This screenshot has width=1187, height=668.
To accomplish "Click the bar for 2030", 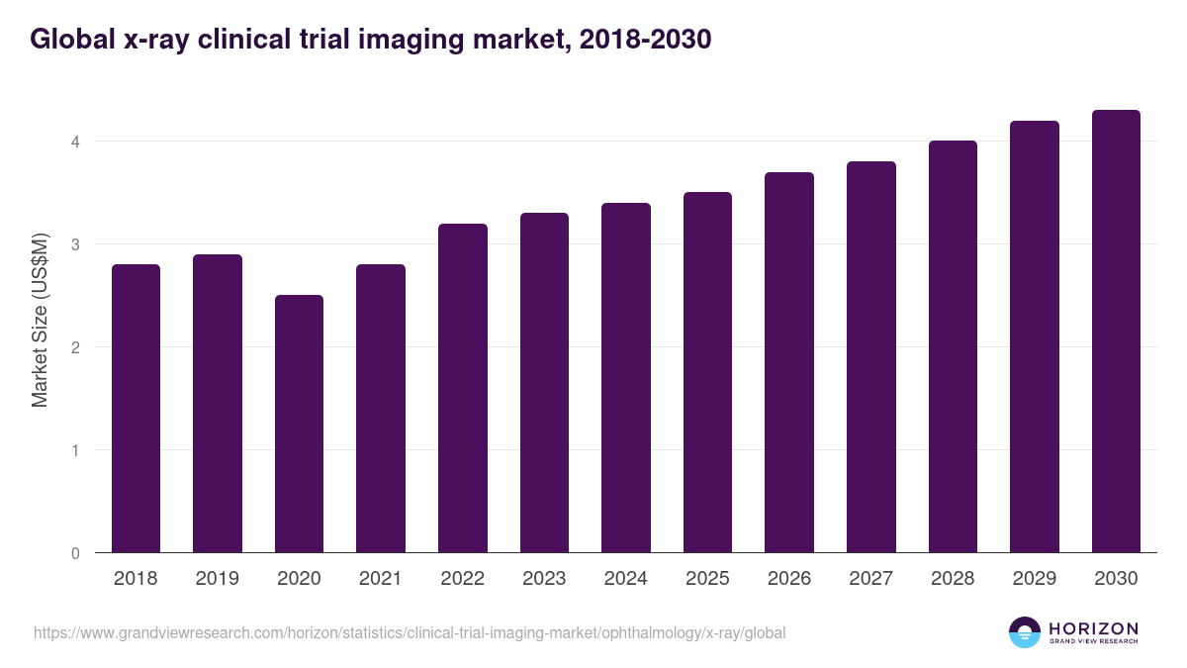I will (1116, 332).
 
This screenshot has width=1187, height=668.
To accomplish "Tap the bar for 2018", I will (136, 408).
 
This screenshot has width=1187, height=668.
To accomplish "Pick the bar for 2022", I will (463, 388).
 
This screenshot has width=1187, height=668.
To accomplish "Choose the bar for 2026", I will (789, 362).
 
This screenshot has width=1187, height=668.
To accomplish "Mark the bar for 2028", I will (953, 346).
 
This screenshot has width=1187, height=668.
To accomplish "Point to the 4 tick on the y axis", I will (74, 142).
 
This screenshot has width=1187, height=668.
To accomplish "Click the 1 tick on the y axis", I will (74, 450).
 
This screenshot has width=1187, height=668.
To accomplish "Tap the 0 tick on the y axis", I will (74, 553).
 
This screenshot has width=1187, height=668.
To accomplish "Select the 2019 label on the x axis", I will (218, 579).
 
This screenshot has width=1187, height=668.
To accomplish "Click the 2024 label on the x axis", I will (626, 579).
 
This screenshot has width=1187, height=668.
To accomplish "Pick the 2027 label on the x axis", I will (871, 579).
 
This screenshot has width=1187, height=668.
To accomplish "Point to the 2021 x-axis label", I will (381, 579).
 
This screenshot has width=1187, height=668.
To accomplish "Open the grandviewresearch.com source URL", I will (410, 632).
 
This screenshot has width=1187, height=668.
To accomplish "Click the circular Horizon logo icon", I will (1025, 632).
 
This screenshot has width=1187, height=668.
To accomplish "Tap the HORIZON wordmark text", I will (1093, 627).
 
